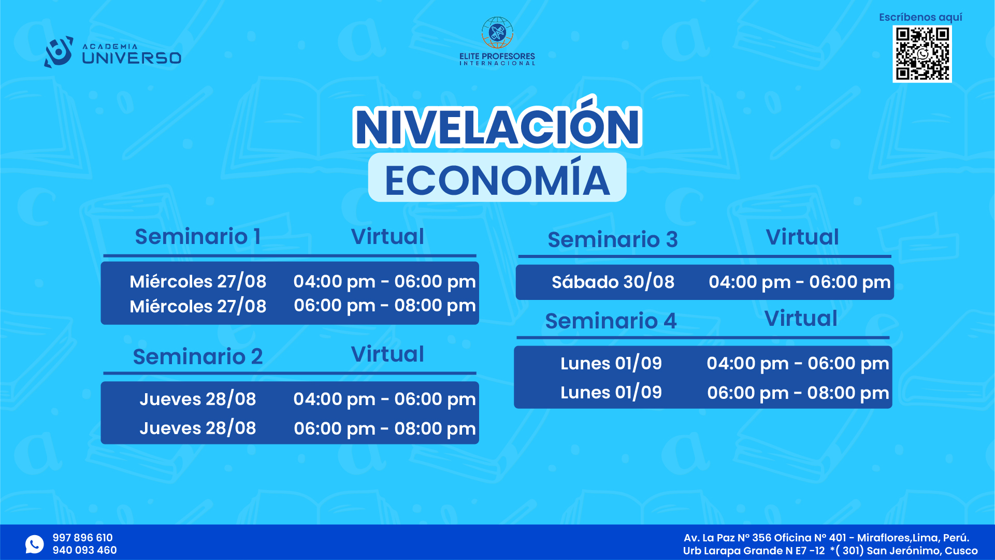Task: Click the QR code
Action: pos(922,54)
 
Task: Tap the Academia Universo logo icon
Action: pos(59,52)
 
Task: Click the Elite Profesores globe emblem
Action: pos(497,33)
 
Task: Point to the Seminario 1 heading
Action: pos(197,237)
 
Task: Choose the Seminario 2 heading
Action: pos(198,356)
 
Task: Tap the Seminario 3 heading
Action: pos(613,239)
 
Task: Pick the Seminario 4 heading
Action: pos(611,321)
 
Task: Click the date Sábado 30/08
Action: pos(613,282)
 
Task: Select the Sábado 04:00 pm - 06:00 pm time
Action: pos(800,282)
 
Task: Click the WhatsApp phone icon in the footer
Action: pos(35,544)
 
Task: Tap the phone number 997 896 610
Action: pos(82,538)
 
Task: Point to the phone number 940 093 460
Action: pos(84,550)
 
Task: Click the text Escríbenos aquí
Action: pos(920,17)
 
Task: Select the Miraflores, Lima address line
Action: pos(826,538)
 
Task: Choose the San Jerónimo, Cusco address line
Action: pos(830,551)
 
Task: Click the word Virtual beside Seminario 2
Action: pos(387,354)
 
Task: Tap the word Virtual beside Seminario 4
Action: pos(801,319)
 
